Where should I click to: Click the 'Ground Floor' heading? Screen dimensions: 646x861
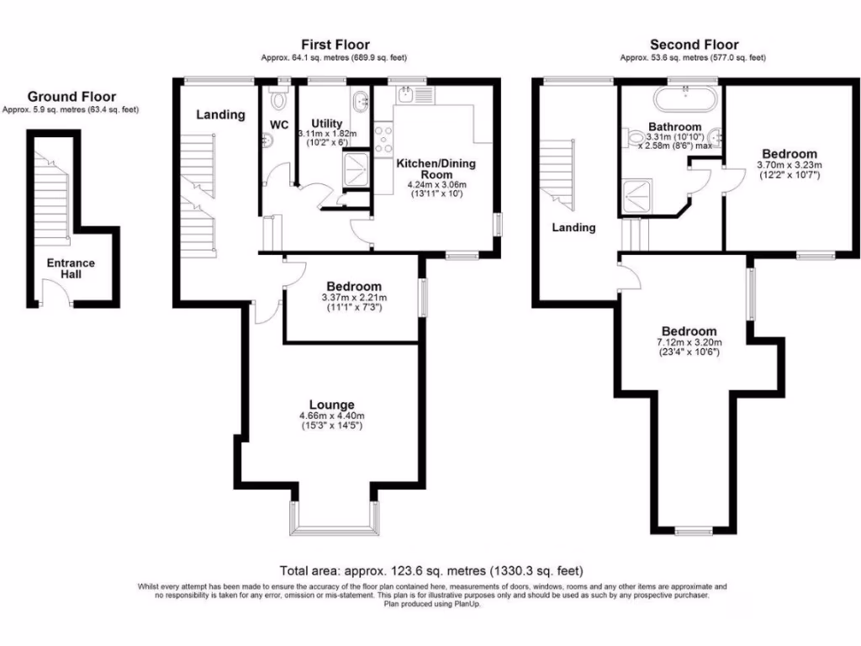point(71,97)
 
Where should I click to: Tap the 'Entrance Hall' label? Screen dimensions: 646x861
point(71,268)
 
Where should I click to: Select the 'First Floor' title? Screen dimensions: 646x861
point(335,45)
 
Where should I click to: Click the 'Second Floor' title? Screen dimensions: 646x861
point(694,45)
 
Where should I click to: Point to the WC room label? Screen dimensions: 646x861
point(279,125)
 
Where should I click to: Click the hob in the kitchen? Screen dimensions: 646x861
point(384,136)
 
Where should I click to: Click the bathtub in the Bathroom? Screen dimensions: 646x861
point(685,98)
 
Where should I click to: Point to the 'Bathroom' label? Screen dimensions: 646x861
point(674,127)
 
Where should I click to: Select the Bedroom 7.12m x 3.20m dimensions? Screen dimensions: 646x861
point(689,342)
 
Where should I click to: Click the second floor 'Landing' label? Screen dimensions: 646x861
point(573,227)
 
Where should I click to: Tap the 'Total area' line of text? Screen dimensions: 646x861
point(431,570)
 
